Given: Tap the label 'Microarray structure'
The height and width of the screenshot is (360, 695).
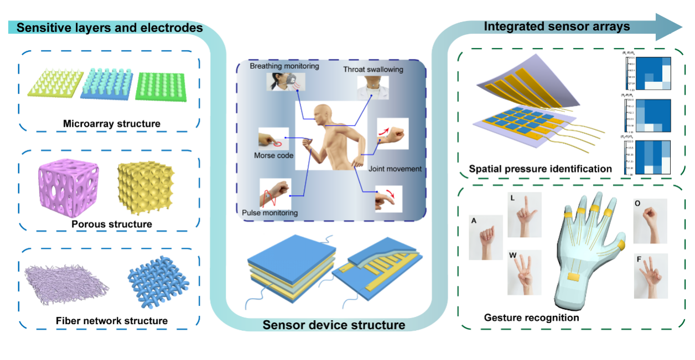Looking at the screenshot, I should tap(112, 123).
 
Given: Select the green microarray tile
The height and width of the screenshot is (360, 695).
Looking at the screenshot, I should tap(162, 86).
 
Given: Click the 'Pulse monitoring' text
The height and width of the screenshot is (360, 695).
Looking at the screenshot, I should tap(271, 212).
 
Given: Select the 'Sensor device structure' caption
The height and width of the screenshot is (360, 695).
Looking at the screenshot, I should tap(334, 325).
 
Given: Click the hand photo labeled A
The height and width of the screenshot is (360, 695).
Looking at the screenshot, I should tap(486, 237).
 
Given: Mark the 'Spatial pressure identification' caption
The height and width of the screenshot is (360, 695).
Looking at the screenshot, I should tap(540, 169).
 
